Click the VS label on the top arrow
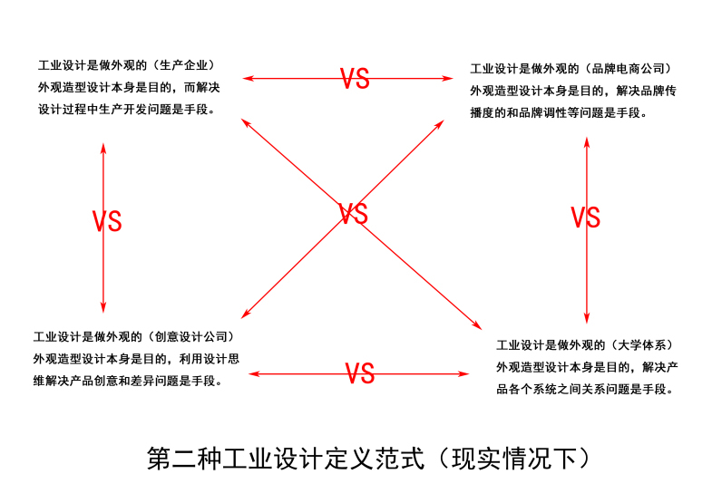(356, 79)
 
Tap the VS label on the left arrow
(107, 221)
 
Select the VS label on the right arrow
(586, 218)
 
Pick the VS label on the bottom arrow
(360, 373)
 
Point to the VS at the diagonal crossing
(353, 215)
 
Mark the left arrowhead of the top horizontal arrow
(246, 79)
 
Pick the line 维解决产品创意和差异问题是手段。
(128, 382)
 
